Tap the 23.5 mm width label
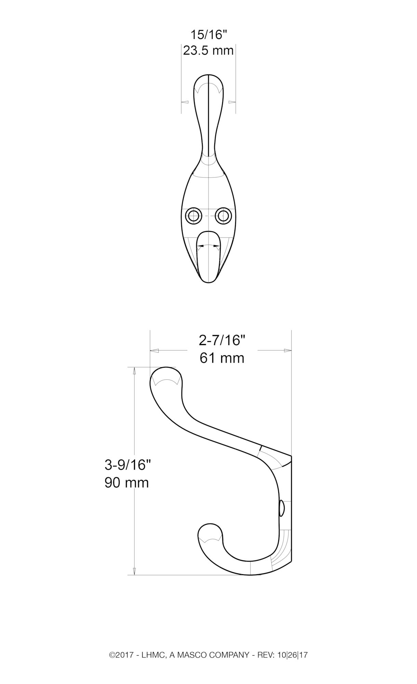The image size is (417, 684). pyautogui.click(x=209, y=51)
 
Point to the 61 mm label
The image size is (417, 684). pyautogui.click(x=222, y=358)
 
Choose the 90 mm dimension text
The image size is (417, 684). pyautogui.click(x=127, y=483)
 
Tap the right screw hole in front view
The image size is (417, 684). pyautogui.click(x=224, y=216)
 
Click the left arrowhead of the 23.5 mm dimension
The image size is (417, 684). pyautogui.click(x=185, y=102)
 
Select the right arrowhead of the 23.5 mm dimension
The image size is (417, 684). pyautogui.click(x=232, y=102)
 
